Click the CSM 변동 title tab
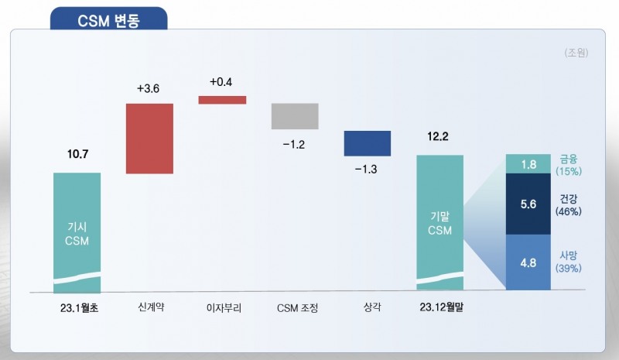coord(109,20)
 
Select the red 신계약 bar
coord(149,138)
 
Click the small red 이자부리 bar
coord(222,99)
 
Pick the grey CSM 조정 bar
coord(295,116)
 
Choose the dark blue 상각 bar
coord(368,143)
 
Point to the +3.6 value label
coord(149,89)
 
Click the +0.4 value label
coord(221,81)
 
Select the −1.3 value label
coord(368,170)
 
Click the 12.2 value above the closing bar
coord(439,137)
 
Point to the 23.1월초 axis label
coord(77,307)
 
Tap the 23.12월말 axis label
coord(439,307)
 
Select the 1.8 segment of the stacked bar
coord(528,164)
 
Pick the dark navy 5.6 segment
coord(528,204)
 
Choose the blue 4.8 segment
coord(528,262)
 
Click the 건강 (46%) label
coord(569,204)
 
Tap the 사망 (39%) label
coord(569,261)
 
